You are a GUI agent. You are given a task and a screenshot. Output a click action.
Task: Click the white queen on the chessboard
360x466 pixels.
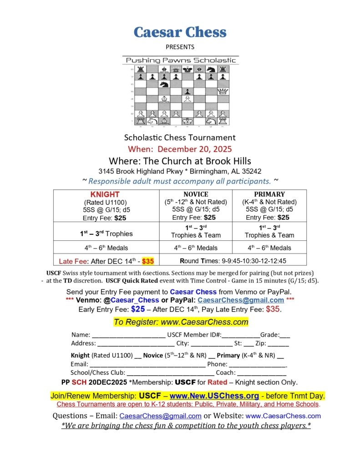click(x=223, y=92)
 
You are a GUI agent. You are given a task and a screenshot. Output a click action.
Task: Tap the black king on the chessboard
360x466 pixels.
click(x=187, y=70)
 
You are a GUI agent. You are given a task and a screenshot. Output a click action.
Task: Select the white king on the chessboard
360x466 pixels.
click(x=187, y=121)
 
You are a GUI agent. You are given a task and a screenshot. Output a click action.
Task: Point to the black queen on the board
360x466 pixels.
click(x=175, y=70)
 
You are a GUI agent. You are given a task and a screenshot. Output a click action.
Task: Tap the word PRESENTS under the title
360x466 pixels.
click(x=180, y=47)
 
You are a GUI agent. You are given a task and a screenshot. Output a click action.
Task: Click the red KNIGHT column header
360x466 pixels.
click(x=105, y=195)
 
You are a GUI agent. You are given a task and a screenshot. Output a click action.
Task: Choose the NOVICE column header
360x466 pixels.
click(x=196, y=194)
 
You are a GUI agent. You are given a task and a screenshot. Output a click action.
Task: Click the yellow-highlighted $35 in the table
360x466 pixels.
click(x=148, y=261)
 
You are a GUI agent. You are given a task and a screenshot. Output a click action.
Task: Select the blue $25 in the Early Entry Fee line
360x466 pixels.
click(x=138, y=309)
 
